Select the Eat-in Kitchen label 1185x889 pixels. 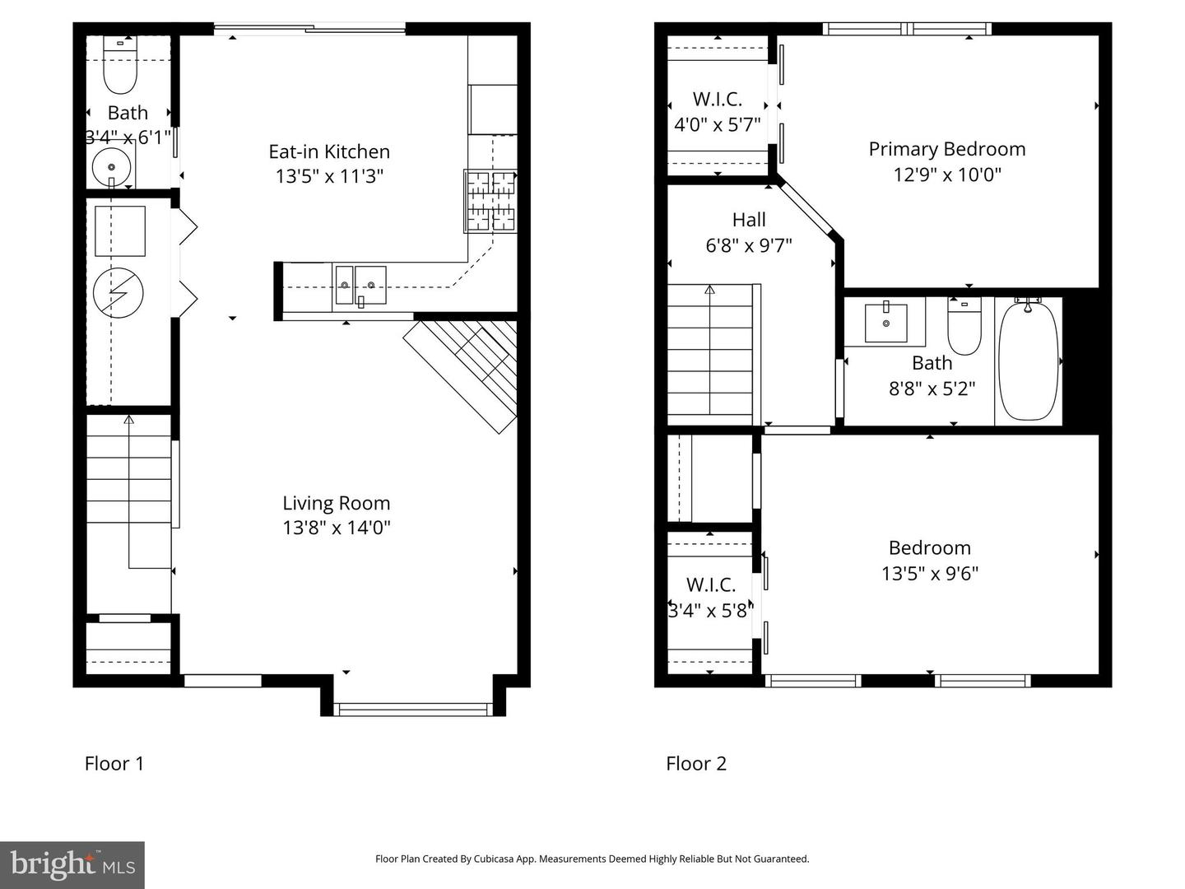click(329, 151)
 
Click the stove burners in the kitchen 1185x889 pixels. click(491, 200)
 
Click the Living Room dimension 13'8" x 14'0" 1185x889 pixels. click(336, 528)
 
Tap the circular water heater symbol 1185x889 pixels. click(118, 292)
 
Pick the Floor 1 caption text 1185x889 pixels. click(114, 764)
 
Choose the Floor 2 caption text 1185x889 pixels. click(696, 764)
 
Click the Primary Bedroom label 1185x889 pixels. click(946, 149)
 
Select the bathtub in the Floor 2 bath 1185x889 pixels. click(1028, 361)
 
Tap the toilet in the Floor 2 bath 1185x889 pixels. click(964, 328)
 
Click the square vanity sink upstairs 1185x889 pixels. click(885, 322)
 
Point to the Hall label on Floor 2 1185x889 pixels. click(749, 220)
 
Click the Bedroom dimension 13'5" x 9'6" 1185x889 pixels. click(929, 574)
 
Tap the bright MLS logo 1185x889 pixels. click(72, 864)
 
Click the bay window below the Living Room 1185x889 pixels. click(412, 709)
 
